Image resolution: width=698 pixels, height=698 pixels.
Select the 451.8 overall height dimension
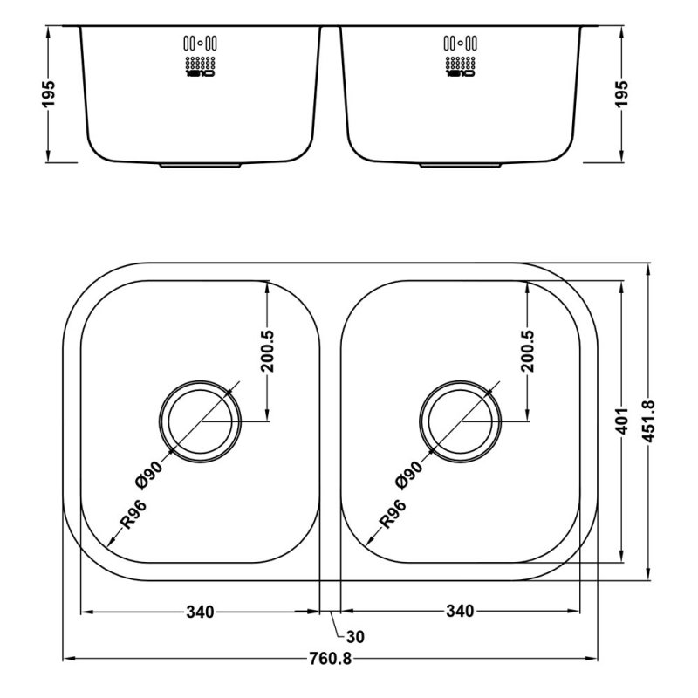pyautogui.click(x=648, y=421)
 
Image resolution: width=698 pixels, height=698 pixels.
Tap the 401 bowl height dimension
pyautogui.click(x=621, y=421)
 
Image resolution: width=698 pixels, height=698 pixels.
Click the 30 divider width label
pyautogui.click(x=355, y=637)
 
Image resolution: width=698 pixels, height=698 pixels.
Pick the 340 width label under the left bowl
pyautogui.click(x=200, y=611)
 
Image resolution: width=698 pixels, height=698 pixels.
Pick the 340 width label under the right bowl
pyautogui.click(x=459, y=611)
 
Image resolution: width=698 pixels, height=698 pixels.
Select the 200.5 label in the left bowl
pyautogui.click(x=267, y=352)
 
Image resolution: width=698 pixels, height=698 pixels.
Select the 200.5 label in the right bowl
pyautogui.click(x=527, y=352)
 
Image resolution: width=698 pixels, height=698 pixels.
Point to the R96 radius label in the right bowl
pyautogui.click(x=392, y=516)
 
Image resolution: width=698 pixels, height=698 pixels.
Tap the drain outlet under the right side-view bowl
pyautogui.click(x=460, y=164)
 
